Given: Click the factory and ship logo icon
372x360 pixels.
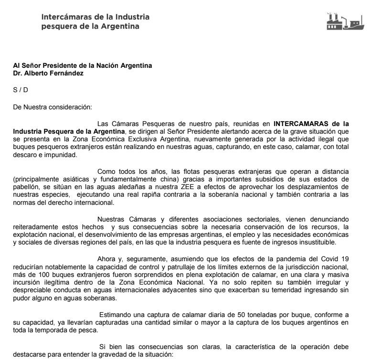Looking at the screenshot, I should (343, 22).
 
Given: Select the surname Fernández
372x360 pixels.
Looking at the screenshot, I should (66, 74).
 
